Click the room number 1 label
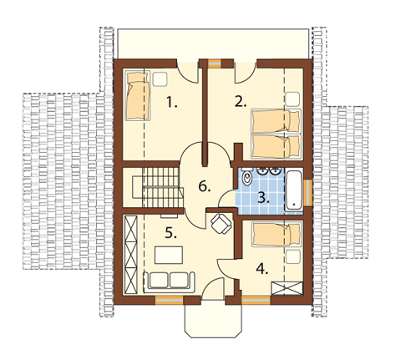click(x=172, y=102)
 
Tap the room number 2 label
click(x=241, y=102)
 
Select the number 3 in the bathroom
click(x=263, y=198)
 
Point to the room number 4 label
click(x=262, y=269)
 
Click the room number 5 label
click(x=170, y=232)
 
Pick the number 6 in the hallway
click(x=205, y=186)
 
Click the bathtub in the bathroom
click(x=294, y=190)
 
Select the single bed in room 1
click(x=138, y=95)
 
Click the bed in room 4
click(x=277, y=234)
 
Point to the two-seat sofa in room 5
click(x=169, y=281)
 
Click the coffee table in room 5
click(x=169, y=255)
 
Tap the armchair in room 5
click(x=221, y=223)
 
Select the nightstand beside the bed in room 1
click(x=160, y=79)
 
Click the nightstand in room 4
click(x=293, y=256)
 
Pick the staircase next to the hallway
click(x=153, y=187)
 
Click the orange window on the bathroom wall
click(x=307, y=193)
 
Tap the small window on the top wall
click(x=215, y=63)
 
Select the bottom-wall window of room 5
click(x=169, y=301)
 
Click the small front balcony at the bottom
click(x=212, y=320)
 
